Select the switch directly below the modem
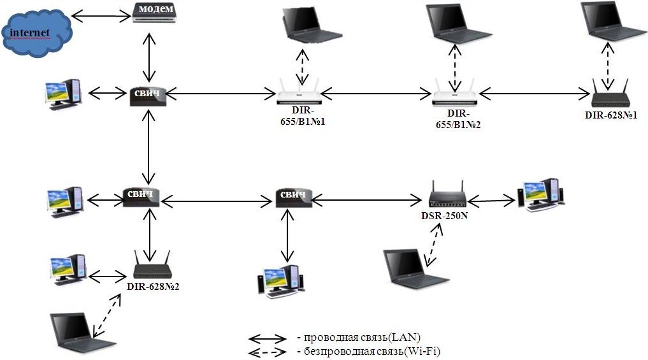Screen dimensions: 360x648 click(x=148, y=94)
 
